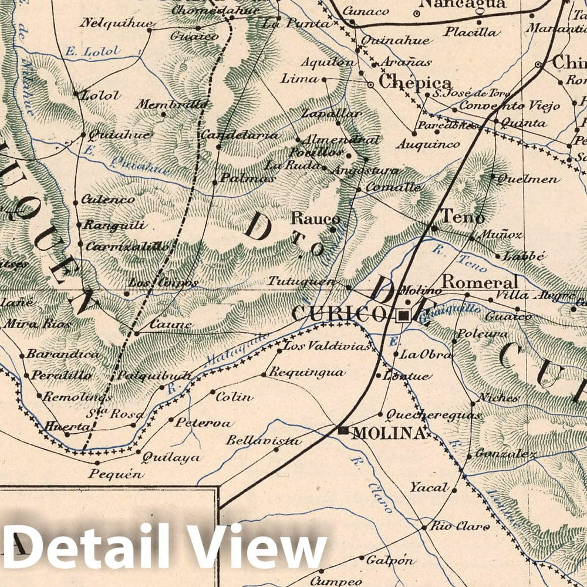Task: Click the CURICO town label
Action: click(x=339, y=314)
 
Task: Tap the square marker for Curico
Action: click(x=403, y=316)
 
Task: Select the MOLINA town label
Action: click(x=389, y=434)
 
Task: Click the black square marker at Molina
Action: click(x=344, y=430)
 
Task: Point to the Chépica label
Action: click(x=416, y=82)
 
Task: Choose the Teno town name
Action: click(x=463, y=217)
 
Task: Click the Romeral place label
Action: click(x=480, y=282)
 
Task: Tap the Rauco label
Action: click(x=316, y=219)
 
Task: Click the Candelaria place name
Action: click(x=239, y=135)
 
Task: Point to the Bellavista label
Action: click(x=264, y=441)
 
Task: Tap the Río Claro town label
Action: click(x=460, y=526)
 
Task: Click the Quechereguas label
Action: click(x=433, y=415)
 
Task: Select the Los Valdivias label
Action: click(x=328, y=346)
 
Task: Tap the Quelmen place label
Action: click(x=529, y=180)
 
